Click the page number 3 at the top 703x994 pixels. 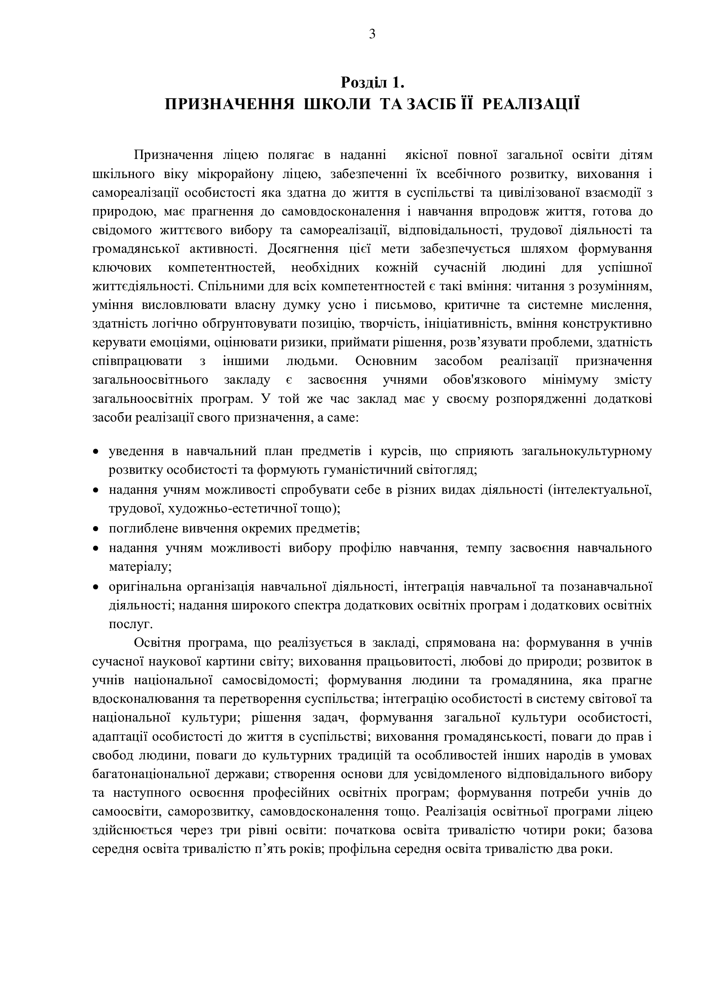[372, 34]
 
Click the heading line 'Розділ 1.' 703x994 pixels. [372, 82]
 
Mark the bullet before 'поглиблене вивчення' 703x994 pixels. [96, 529]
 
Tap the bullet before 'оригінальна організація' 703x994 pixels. [96, 587]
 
